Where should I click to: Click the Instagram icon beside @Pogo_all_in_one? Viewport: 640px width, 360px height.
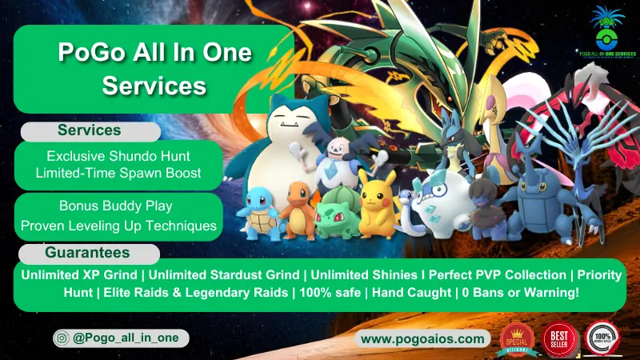point(63,339)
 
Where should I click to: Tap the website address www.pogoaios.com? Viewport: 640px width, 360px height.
point(423,339)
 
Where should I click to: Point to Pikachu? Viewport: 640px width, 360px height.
point(376,204)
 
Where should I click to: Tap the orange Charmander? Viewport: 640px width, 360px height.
point(298,210)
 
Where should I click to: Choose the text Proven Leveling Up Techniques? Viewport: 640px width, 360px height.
point(118,226)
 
